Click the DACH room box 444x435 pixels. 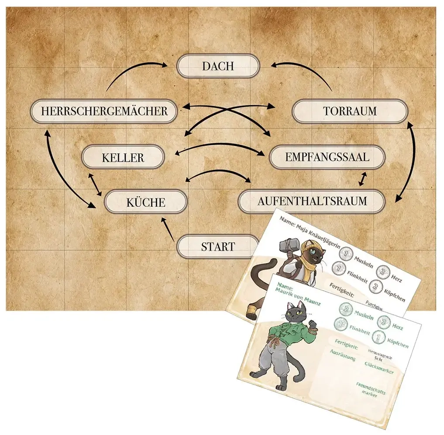click(218, 66)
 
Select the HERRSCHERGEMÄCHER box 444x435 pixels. click(104, 111)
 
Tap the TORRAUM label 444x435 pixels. click(350, 111)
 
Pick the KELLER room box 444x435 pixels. click(123, 157)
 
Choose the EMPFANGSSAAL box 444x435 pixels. click(327, 157)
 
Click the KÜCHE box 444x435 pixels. click(146, 202)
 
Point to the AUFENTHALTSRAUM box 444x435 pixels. click(312, 201)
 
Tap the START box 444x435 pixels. click(218, 247)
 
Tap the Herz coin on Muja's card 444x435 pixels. click(382, 272)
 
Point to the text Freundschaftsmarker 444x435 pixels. click(370, 389)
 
